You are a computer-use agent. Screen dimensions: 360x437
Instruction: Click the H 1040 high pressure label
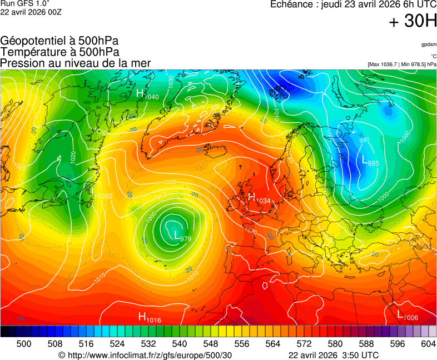(x=147, y=94)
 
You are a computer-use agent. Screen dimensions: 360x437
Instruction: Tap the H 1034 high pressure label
(x=259, y=198)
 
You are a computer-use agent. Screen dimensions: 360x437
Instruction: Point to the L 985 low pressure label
(x=370, y=162)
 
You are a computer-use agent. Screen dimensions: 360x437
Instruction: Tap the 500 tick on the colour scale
(x=24, y=344)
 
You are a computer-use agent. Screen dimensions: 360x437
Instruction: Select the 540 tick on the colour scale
(x=180, y=344)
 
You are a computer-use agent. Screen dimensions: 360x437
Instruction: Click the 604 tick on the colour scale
(x=428, y=344)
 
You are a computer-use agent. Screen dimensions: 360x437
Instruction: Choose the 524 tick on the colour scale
(x=117, y=344)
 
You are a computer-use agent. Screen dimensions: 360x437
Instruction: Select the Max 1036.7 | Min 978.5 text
(x=402, y=64)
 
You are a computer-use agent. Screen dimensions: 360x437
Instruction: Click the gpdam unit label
(x=428, y=44)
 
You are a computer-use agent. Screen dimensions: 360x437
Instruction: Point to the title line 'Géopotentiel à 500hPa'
(x=59, y=41)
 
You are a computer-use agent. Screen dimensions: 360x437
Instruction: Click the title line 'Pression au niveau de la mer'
(x=76, y=63)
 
